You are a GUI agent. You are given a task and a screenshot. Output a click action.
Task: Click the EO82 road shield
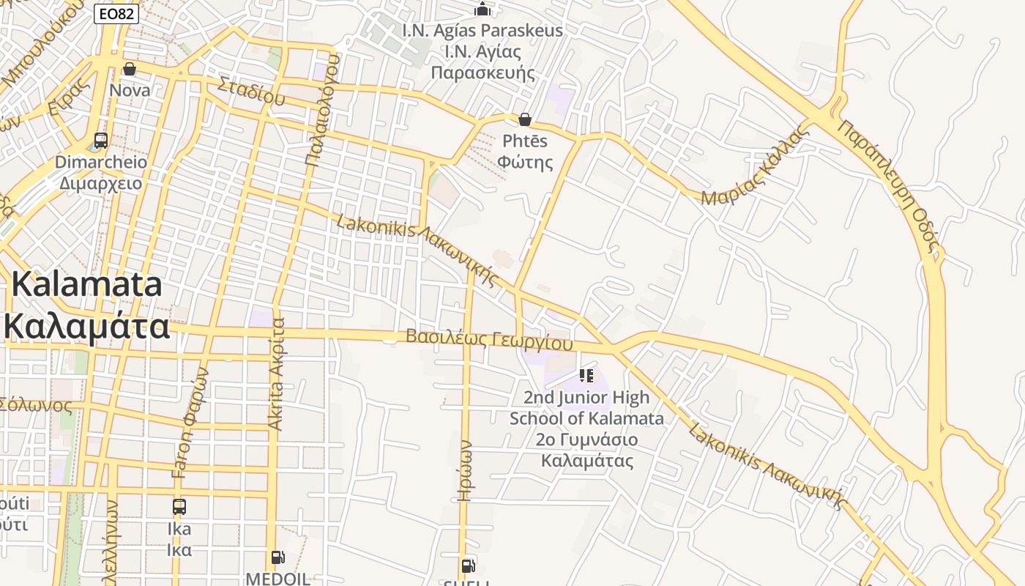116,13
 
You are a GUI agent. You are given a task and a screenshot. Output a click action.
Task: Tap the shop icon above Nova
130,69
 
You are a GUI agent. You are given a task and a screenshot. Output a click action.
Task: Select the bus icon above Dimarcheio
101,141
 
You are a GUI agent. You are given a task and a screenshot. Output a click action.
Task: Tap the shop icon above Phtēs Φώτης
525,119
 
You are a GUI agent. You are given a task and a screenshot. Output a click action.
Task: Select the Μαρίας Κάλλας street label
756,165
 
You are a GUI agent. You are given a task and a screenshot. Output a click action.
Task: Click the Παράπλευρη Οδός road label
888,187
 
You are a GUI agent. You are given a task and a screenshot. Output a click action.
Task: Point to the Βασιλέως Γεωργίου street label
488,339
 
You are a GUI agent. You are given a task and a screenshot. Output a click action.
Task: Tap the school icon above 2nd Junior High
586,376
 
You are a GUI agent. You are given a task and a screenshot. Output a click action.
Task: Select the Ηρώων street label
464,470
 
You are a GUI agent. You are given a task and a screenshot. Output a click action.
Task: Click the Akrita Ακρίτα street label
276,374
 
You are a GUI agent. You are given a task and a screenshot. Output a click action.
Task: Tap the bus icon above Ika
179,506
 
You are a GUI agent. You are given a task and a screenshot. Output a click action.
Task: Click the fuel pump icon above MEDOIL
277,557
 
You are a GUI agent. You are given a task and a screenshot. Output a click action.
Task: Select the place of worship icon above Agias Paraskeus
482,9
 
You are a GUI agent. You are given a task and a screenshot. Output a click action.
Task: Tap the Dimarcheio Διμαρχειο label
100,172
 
